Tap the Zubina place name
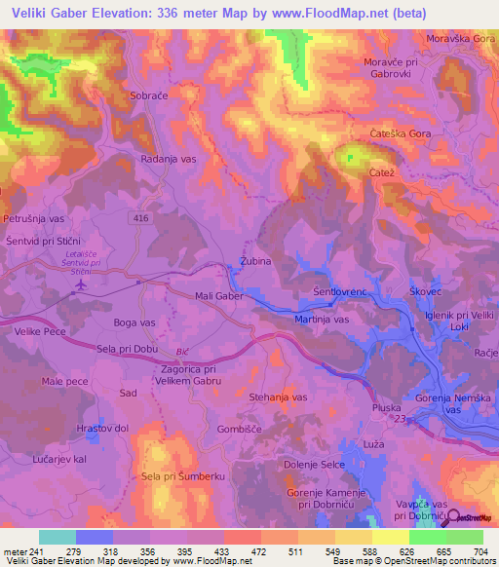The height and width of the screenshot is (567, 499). click(255, 262)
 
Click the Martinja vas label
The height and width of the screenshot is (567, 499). click(322, 319)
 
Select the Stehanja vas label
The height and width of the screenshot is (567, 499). click(279, 397)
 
